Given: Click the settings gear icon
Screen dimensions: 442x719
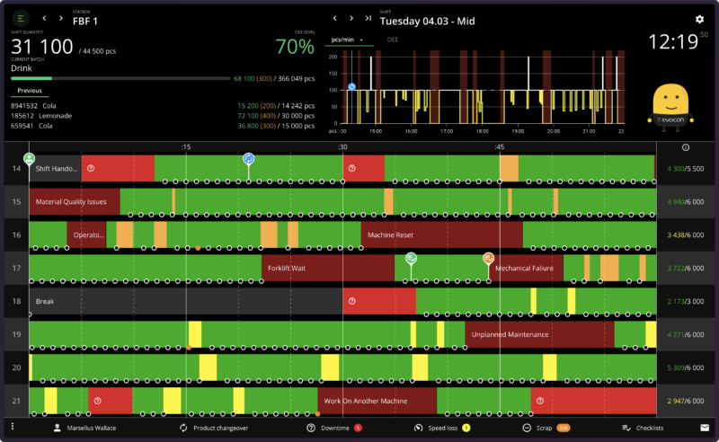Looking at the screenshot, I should [x=699, y=19].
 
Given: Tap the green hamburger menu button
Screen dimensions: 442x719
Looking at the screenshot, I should [x=21, y=18].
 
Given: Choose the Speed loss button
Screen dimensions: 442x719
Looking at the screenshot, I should [x=443, y=428].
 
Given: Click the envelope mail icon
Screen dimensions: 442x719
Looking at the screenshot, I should [x=705, y=428].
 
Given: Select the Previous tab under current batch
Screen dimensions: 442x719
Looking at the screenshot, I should [x=30, y=90].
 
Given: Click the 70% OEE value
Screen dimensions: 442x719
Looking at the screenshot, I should [x=294, y=47].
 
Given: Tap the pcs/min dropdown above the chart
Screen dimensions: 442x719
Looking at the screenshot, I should [x=347, y=40].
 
